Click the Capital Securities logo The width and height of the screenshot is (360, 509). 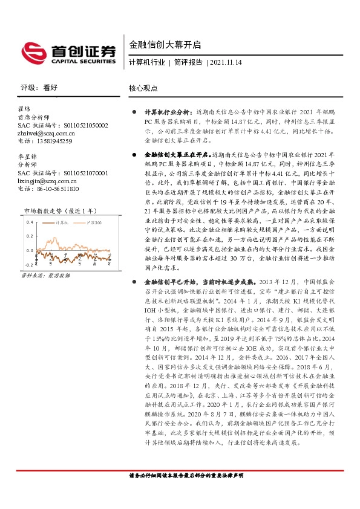pos(68,52)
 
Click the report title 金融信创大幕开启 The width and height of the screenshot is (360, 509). pos(156,45)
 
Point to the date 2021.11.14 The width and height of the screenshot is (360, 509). pos(226,63)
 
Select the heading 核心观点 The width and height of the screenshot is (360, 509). pos(143,88)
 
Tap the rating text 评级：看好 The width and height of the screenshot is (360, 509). pos(39,88)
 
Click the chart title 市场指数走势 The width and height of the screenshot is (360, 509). pos(51,211)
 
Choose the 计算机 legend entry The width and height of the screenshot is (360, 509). pos(61,223)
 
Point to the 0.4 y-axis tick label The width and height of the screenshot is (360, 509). pos(28,222)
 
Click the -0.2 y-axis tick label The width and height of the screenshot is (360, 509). pos(28,265)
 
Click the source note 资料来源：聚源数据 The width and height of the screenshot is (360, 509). pos(45,275)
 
